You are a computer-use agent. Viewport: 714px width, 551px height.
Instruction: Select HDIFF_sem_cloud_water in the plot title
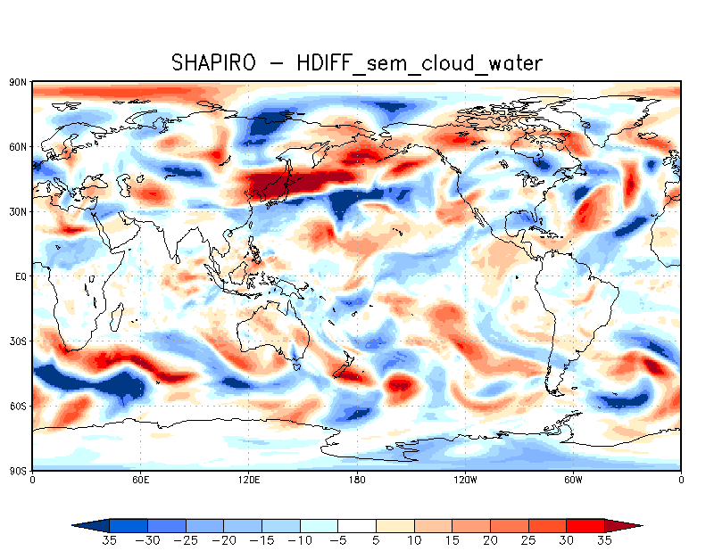[x=423, y=62]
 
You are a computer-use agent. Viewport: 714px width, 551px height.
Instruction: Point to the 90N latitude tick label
[x=17, y=82]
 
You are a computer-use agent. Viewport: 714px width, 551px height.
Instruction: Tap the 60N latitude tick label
[x=17, y=146]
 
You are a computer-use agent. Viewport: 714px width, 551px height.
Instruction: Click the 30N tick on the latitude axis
[x=17, y=211]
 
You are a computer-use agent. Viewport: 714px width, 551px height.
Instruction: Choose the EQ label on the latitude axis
[x=20, y=276]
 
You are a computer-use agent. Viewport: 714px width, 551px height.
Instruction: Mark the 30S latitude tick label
[x=17, y=341]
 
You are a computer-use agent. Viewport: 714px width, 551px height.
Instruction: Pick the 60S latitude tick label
[x=17, y=406]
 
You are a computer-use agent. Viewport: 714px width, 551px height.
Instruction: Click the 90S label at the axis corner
[x=17, y=470]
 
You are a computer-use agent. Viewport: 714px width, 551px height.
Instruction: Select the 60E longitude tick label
[x=140, y=480]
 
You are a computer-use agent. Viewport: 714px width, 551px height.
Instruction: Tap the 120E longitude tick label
[x=248, y=480]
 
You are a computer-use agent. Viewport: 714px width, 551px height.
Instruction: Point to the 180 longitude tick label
[x=357, y=480]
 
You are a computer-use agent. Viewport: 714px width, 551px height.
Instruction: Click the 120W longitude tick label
[x=464, y=480]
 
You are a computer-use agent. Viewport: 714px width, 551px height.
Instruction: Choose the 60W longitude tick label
[x=573, y=480]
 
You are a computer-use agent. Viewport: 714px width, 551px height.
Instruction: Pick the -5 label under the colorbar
[x=337, y=540]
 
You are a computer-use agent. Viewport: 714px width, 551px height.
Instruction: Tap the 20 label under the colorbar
[x=491, y=540]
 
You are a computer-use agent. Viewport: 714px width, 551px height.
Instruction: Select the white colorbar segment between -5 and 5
[x=357, y=525]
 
